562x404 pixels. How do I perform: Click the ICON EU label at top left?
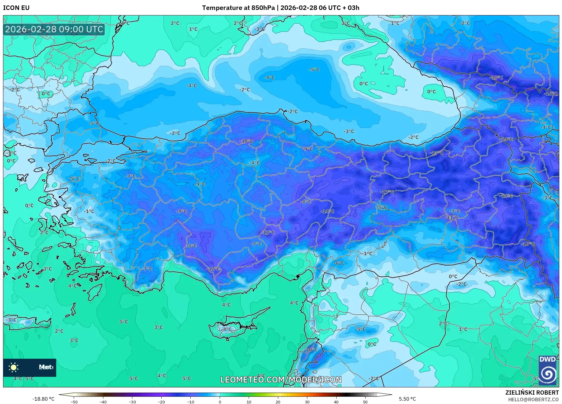pos(16,8)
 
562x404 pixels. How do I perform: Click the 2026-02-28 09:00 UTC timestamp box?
pos(54,29)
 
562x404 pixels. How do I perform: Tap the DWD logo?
pos(547,370)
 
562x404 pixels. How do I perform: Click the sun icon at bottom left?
pos(14,367)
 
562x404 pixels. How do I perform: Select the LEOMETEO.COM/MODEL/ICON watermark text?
pos(281,380)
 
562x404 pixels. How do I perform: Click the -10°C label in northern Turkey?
pos(246,141)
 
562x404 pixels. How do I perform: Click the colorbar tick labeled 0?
pos(220,402)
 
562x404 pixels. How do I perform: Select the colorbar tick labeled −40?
pos(103,402)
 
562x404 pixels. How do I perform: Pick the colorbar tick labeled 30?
pos(307,402)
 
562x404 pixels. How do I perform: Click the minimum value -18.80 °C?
pos(43,399)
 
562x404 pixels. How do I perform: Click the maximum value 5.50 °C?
pos(407,399)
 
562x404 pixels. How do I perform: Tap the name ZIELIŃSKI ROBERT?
pos(532,393)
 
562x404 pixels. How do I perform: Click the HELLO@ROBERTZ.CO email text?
pos(533,399)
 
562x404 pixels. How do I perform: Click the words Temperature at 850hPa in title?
pos(238,8)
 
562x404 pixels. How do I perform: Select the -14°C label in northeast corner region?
pos(507,139)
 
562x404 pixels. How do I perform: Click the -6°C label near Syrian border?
pos(339,263)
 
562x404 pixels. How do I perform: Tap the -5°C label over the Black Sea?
pos(314,69)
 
